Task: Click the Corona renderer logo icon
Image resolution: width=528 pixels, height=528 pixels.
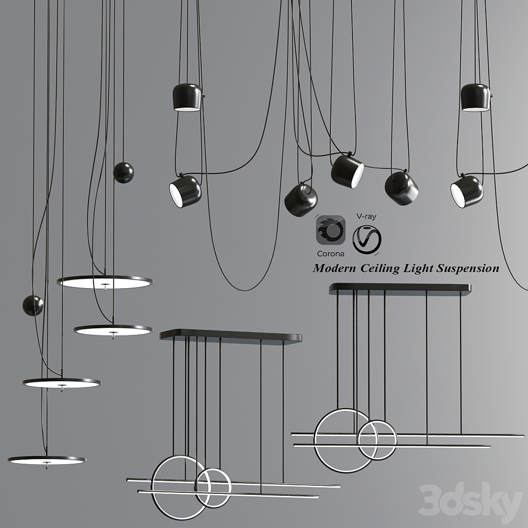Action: point(330,230)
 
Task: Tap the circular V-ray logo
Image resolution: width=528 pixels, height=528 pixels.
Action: point(367,239)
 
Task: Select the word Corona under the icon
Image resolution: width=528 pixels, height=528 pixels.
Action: point(330,254)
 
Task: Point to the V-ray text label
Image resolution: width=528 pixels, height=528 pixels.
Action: point(367,216)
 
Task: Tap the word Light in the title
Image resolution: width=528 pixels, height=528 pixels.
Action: point(418,269)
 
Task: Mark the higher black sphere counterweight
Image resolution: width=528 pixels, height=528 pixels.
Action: point(124,172)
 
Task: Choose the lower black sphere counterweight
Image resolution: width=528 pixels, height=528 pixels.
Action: point(33,305)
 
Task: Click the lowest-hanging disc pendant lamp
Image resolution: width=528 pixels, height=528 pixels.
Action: point(47,460)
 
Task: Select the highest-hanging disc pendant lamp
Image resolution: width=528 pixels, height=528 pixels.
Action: point(105,282)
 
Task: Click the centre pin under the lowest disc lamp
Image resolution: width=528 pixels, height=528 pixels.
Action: point(47,465)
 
